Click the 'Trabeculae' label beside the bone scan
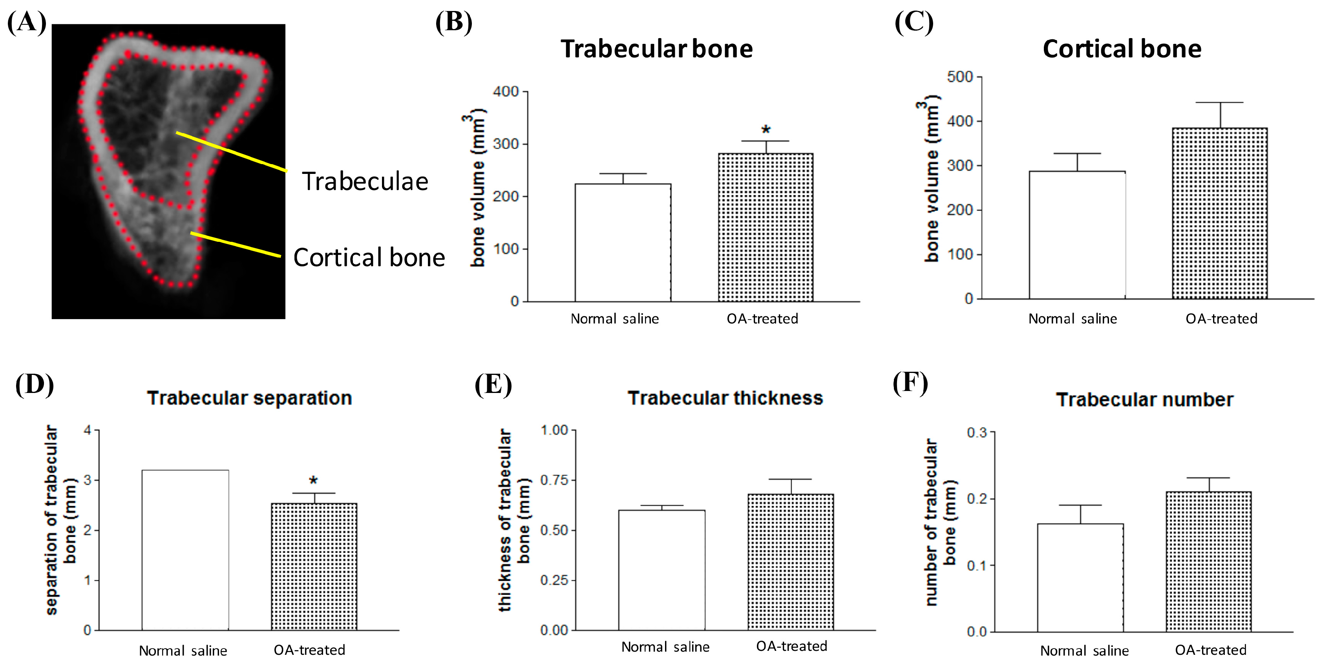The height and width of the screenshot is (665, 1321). click(365, 181)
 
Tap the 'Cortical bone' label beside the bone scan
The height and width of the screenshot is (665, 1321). click(369, 258)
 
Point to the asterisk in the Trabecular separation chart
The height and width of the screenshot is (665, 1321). click(313, 481)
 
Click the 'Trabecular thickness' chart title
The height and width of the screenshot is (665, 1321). click(725, 398)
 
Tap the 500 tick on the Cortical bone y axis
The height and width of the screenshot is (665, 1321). click(960, 77)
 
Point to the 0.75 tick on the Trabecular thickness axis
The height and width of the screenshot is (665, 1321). click(554, 480)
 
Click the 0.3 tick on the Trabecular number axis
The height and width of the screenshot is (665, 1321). click(976, 433)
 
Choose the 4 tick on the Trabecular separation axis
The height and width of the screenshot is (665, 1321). click(88, 430)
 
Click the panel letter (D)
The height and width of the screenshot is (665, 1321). click(35, 384)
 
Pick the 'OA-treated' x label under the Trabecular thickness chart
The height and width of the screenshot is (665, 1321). click(791, 647)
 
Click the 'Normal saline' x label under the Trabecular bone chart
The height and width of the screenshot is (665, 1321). click(614, 319)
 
